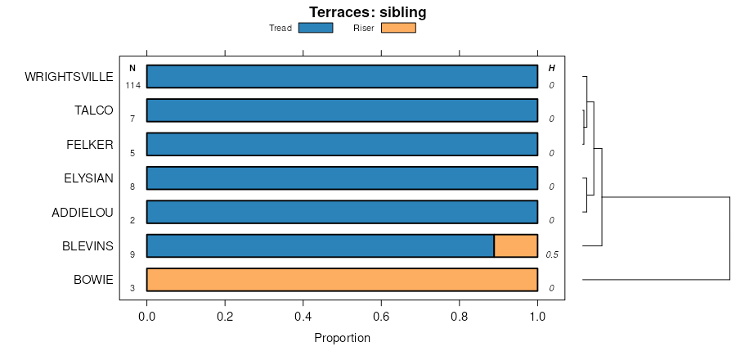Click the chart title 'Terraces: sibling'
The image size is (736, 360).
coord(367,12)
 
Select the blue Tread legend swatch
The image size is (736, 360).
coord(316,28)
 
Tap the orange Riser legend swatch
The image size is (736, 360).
coord(398,28)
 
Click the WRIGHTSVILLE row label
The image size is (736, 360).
coord(69,77)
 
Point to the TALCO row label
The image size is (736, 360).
coord(94,110)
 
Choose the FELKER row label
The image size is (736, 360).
coord(90,145)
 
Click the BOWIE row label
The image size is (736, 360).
coord(93,280)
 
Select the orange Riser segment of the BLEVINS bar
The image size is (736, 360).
coord(515,245)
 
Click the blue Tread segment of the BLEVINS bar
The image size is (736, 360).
coord(320,245)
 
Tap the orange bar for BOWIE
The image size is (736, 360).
coord(342,280)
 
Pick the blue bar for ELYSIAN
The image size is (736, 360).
coord(342,178)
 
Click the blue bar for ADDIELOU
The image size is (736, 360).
coord(342,212)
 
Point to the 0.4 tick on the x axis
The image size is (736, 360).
coord(303,302)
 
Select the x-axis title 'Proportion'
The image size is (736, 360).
coord(342,338)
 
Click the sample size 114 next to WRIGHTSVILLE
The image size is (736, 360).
coord(132,85)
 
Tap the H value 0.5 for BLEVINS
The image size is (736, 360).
coord(552,254)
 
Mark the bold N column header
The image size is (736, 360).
coord(132,68)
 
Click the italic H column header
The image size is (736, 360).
coord(551,68)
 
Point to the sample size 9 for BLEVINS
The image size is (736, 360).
coord(132,254)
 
